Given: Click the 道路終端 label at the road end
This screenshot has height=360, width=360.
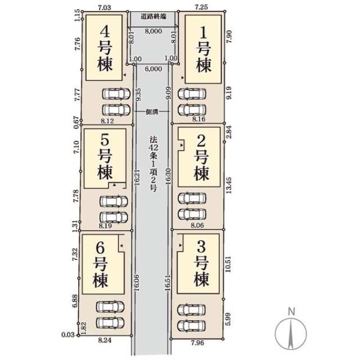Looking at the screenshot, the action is pos(154,16).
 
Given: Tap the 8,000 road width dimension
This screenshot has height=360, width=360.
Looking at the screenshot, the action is pos(154,31).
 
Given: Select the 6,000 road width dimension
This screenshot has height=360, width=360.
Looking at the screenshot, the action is pos(154,69).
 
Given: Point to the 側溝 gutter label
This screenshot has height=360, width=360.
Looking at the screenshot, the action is pos(152,112).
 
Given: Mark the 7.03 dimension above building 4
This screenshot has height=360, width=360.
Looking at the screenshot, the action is pos(105,7).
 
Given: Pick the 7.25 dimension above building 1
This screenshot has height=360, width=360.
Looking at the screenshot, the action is pos(201,7).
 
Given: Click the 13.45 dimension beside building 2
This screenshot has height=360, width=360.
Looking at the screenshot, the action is pos(229,185).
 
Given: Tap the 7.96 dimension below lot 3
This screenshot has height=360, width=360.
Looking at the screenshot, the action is pos(197,343).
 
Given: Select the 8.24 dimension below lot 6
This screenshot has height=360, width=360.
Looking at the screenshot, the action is pos(105,340).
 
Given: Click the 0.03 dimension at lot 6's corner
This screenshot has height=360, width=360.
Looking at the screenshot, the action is pos(68,335).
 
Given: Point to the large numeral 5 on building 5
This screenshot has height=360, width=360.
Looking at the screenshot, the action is pos(105,140).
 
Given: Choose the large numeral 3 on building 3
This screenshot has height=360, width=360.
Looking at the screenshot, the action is pos(201,247).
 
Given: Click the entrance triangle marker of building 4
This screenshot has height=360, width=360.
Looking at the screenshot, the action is pos(124,75).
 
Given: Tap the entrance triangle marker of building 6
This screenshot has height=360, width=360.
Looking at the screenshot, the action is pos(121,246).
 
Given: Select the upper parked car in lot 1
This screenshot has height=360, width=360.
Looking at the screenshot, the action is pos(192,94).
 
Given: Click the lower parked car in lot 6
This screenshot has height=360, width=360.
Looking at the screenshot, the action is pos(110,323).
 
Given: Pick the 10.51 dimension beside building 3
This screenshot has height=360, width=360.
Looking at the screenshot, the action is pos(228,264).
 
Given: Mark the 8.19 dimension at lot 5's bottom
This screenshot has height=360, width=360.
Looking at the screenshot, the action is pos(105,226).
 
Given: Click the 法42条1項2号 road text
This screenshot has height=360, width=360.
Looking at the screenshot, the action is pos(153,164).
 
